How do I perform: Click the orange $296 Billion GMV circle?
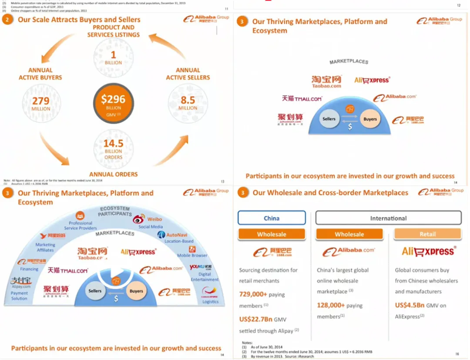coord(113,103)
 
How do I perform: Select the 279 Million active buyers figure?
coord(41,103)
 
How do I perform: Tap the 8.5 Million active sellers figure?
coord(188,103)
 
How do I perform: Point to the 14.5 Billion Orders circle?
coord(113,148)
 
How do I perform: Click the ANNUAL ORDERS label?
coord(113,175)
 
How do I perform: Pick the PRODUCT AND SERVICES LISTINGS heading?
coord(113,31)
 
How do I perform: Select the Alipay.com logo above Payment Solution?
coord(21,283)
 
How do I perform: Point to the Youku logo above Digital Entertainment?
coord(201,267)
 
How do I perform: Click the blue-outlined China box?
coord(272,218)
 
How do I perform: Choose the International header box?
coord(388,218)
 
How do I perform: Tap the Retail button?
coord(427,234)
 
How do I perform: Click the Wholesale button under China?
coord(272,234)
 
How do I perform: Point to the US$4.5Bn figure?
coord(410,305)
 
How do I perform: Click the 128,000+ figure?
coord(331,305)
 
